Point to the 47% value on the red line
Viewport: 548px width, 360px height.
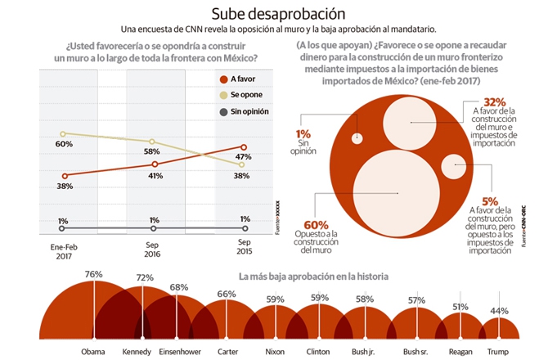(243, 156)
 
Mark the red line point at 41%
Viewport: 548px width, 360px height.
(153, 164)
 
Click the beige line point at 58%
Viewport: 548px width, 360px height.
(153, 142)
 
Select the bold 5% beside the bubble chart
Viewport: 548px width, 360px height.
(491, 200)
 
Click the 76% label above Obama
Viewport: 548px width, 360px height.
(93, 275)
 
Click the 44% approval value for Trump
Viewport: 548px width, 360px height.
(498, 310)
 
